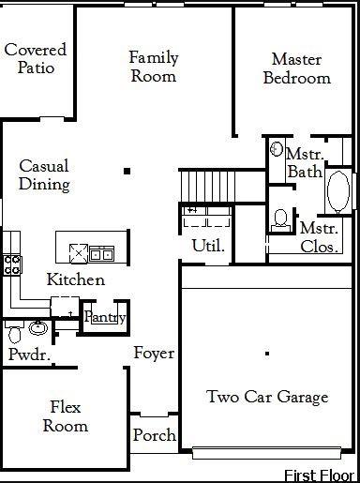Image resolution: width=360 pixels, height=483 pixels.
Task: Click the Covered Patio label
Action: (x=36, y=58)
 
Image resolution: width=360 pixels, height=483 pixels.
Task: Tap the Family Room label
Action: (x=154, y=67)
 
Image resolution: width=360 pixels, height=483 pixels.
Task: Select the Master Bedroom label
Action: (x=296, y=68)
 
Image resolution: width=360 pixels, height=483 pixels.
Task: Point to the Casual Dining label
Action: (x=44, y=174)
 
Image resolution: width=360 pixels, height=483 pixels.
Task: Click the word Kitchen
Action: (x=76, y=279)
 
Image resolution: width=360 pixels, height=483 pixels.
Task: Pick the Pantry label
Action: (x=105, y=317)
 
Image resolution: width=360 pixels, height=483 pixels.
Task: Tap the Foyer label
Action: (x=154, y=354)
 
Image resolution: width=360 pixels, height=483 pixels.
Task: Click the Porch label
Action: (x=155, y=435)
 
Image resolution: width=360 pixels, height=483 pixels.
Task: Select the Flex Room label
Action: (x=66, y=416)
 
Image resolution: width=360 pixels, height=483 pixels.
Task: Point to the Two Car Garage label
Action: (x=267, y=397)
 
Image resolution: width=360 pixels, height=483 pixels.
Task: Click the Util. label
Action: (x=208, y=246)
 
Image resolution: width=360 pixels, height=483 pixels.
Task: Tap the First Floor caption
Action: (x=320, y=475)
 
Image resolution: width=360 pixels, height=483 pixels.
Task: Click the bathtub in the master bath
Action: (x=338, y=191)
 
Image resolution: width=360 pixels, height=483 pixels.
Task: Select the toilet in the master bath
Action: (x=280, y=221)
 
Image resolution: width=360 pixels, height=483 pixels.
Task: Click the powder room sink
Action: (x=38, y=328)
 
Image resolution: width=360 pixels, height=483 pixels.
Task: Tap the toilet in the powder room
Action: (x=14, y=332)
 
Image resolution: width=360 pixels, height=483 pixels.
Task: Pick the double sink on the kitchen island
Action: (x=101, y=254)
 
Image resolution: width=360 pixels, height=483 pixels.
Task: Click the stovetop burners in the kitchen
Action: (x=12, y=265)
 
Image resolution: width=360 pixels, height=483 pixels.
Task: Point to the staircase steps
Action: (x=207, y=187)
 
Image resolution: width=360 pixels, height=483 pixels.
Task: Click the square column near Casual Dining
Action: (x=127, y=171)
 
